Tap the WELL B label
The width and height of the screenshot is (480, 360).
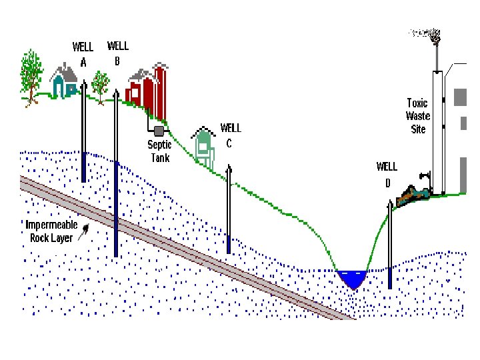(x=118, y=53)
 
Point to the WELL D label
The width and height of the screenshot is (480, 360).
(x=387, y=173)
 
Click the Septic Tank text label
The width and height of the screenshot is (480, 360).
(x=159, y=151)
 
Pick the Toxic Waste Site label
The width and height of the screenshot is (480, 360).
(x=417, y=115)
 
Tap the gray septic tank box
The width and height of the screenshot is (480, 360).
(x=159, y=131)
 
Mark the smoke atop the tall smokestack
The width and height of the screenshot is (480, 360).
(x=427, y=33)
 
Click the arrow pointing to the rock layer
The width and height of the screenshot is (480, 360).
(x=84, y=232)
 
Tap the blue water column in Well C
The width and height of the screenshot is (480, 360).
(x=229, y=244)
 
